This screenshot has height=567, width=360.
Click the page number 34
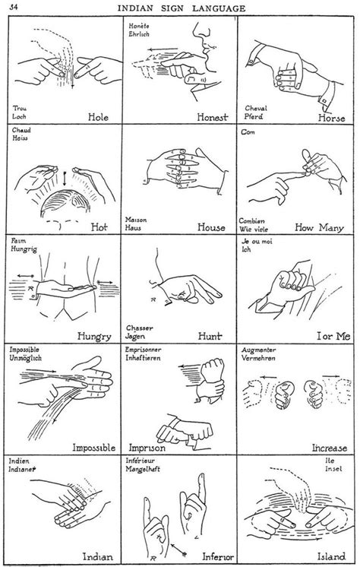[14, 7]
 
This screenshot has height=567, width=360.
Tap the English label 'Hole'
[99, 118]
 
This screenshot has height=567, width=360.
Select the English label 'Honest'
[213, 119]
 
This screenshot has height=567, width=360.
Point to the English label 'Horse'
[332, 119]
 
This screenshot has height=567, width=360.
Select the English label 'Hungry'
[94, 335]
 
